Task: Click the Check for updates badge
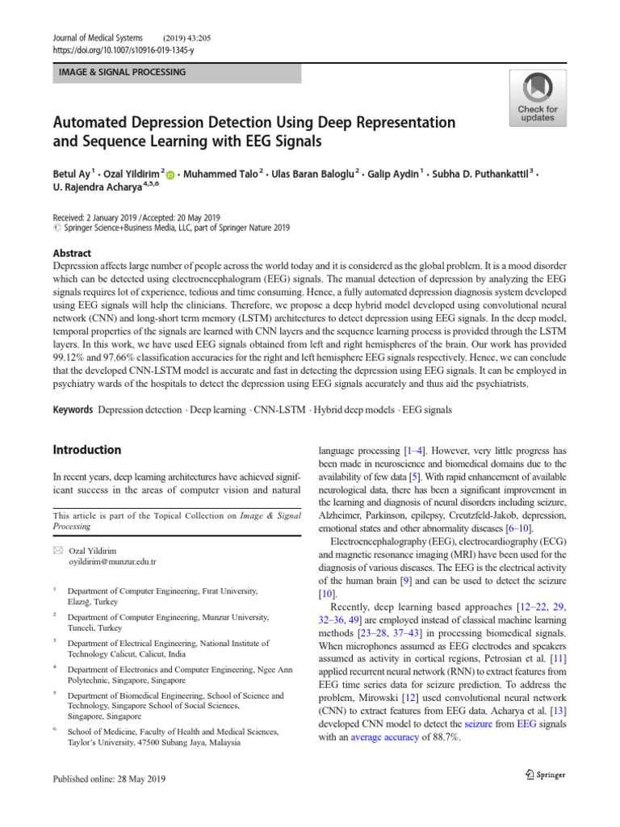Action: (537, 97)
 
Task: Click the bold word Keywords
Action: (73, 410)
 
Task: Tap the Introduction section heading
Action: (86, 450)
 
